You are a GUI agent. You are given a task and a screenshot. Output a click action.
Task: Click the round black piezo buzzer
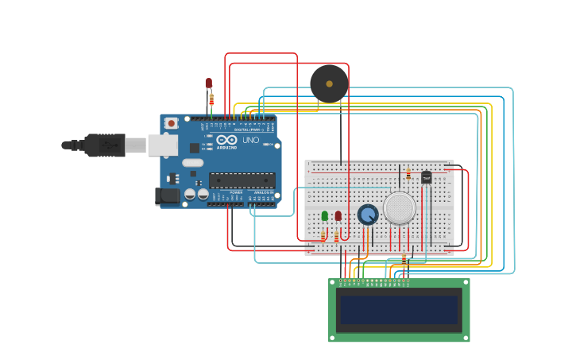[329, 83]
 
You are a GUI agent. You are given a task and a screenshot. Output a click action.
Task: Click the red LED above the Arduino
[209, 83]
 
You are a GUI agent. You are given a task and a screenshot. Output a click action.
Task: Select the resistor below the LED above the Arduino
[211, 99]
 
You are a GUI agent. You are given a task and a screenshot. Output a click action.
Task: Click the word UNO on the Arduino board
[250, 140]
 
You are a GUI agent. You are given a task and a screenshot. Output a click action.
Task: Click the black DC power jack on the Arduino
[168, 195]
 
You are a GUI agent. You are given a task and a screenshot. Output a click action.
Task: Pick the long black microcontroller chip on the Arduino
[242, 180]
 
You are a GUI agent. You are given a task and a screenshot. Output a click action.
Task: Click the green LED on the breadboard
[325, 215]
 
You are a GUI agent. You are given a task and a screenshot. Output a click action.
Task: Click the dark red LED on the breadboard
[338, 215]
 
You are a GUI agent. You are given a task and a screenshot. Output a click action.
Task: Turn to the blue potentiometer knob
[368, 215]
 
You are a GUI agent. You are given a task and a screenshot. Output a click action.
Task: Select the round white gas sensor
[400, 207]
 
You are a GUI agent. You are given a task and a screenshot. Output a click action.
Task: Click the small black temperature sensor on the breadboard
[427, 177]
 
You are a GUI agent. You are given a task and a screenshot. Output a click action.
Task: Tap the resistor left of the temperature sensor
[408, 174]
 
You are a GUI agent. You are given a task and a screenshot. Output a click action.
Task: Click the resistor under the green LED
[324, 235]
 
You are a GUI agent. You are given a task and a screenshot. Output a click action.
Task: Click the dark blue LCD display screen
[399, 310]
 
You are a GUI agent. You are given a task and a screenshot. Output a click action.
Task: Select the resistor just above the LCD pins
[404, 259]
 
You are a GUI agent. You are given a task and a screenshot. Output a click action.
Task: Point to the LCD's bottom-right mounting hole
[465, 338]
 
